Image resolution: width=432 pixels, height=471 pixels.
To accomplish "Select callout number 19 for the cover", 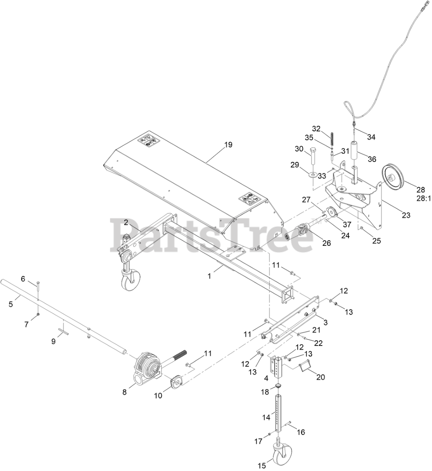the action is click(228, 145).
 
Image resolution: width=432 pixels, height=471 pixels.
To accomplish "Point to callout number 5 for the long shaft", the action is click(11, 304).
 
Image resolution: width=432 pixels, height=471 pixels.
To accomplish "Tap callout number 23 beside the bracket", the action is click(406, 215).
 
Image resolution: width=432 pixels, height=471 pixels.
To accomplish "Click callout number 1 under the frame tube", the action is click(209, 276).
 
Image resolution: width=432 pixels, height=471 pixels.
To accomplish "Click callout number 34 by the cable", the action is click(371, 137).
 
